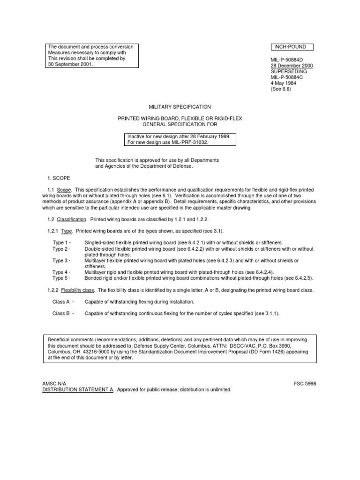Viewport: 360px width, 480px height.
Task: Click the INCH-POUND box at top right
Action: [293, 47]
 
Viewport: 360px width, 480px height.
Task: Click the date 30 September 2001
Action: [70, 65]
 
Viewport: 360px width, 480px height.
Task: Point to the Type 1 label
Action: [61, 243]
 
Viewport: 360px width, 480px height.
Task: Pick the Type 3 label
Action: [61, 260]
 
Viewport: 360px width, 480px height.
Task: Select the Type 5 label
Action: [61, 278]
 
